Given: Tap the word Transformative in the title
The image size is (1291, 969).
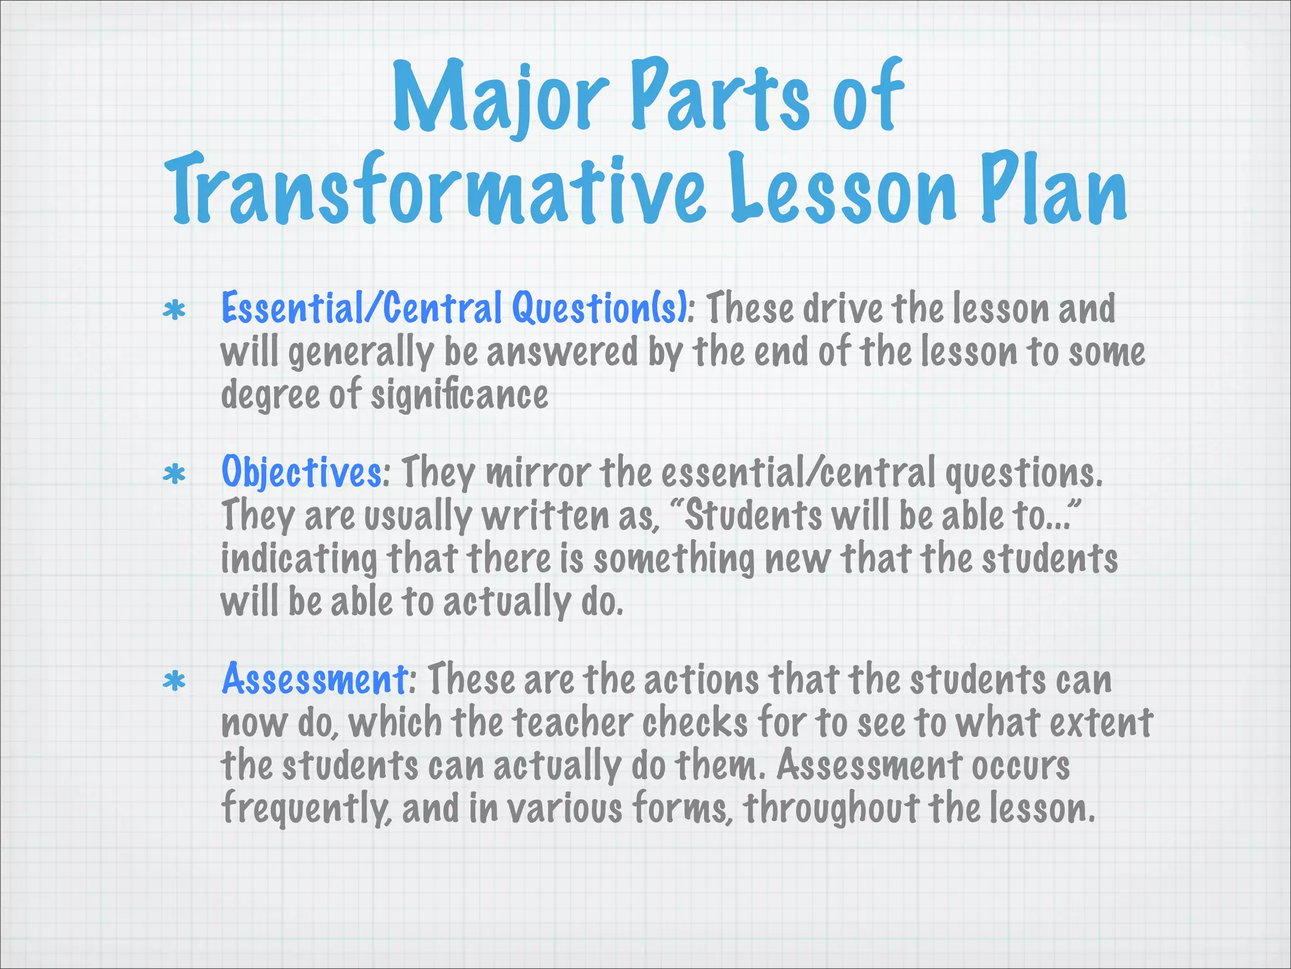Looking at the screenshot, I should point(435,189).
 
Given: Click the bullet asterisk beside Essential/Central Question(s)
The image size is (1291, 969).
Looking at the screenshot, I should point(174,310).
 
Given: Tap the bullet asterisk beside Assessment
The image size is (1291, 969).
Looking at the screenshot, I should point(174,681).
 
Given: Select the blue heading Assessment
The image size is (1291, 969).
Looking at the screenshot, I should point(315,680).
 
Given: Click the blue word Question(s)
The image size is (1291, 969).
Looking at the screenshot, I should point(599,309).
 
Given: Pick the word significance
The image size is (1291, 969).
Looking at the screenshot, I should point(459,396).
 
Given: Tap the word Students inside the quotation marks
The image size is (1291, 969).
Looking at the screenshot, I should point(753,516).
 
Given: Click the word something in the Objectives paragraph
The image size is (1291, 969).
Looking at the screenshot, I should point(674,560).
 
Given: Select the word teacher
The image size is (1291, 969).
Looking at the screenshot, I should point(572,723).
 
